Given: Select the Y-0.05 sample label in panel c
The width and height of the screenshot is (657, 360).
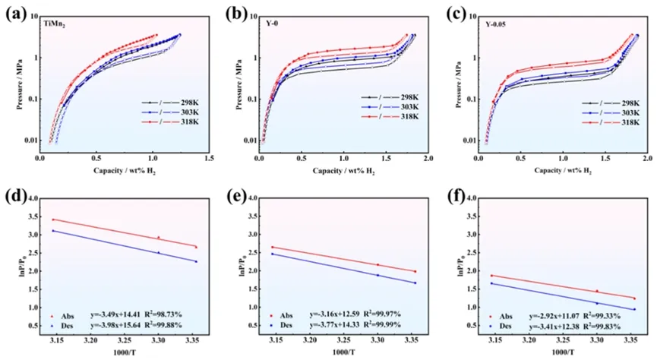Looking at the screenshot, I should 497,25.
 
